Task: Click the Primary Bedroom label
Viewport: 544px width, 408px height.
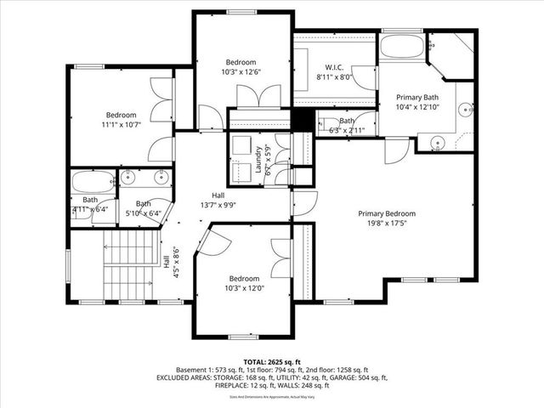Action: click(386, 213)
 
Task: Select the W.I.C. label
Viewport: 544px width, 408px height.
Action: click(334, 67)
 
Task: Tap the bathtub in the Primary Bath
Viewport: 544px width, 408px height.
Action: click(400, 47)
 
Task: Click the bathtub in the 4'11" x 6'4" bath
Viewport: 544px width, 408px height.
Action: click(92, 182)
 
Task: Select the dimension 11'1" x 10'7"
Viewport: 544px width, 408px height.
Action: click(121, 125)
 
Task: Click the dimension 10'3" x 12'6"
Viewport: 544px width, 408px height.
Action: click(241, 72)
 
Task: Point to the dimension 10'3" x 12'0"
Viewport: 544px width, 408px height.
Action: click(243, 288)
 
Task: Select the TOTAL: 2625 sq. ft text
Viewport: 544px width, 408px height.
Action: click(271, 361)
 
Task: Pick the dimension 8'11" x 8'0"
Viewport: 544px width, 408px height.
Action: click(334, 77)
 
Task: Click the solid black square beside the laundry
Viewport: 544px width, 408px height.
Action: click(302, 120)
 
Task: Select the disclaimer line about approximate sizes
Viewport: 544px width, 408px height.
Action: click(271, 396)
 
